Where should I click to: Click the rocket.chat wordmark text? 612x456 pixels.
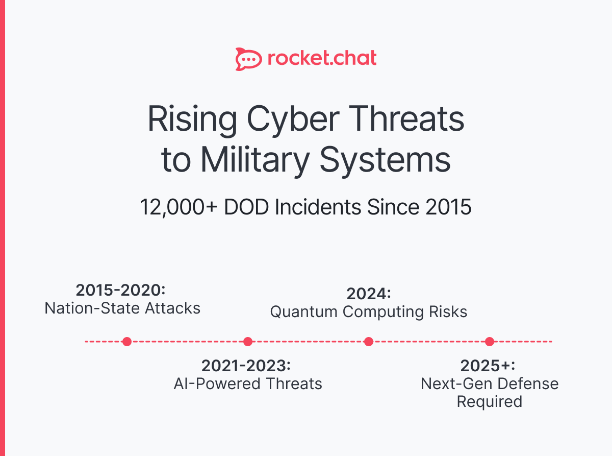[322, 58]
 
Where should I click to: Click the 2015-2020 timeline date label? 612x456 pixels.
[121, 290]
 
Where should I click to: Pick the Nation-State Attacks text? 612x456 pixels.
[122, 308]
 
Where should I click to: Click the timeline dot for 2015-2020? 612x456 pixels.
[127, 342]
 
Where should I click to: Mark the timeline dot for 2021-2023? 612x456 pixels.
[248, 342]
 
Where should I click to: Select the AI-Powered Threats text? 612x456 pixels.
[248, 383]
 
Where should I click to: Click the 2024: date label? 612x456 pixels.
[368, 294]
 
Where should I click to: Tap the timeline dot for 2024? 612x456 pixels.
[369, 342]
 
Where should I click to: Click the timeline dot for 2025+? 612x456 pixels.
[490, 342]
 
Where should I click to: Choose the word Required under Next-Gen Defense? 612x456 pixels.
[489, 401]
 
